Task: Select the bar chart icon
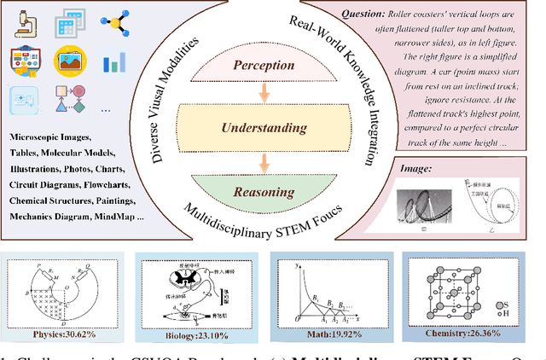click(x=113, y=62)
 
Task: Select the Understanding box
click(x=264, y=128)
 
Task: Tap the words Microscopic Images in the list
click(x=49, y=136)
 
